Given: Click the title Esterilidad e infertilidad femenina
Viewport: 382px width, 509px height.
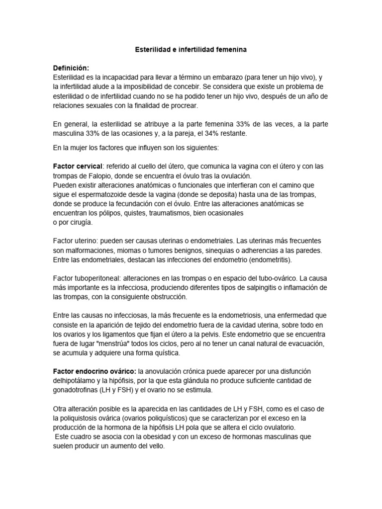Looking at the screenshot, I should (191, 50).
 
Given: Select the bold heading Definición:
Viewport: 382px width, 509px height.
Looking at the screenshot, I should (71, 68).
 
